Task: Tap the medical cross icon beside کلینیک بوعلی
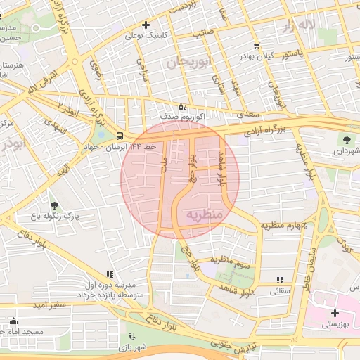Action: coord(146,25)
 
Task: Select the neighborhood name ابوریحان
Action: coord(189,63)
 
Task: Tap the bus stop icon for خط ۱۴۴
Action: coord(120,134)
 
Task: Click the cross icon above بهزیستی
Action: coord(335,313)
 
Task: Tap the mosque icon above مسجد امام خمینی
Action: coord(13,321)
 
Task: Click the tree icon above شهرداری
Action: coord(347,139)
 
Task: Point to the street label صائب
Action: coord(204,32)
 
